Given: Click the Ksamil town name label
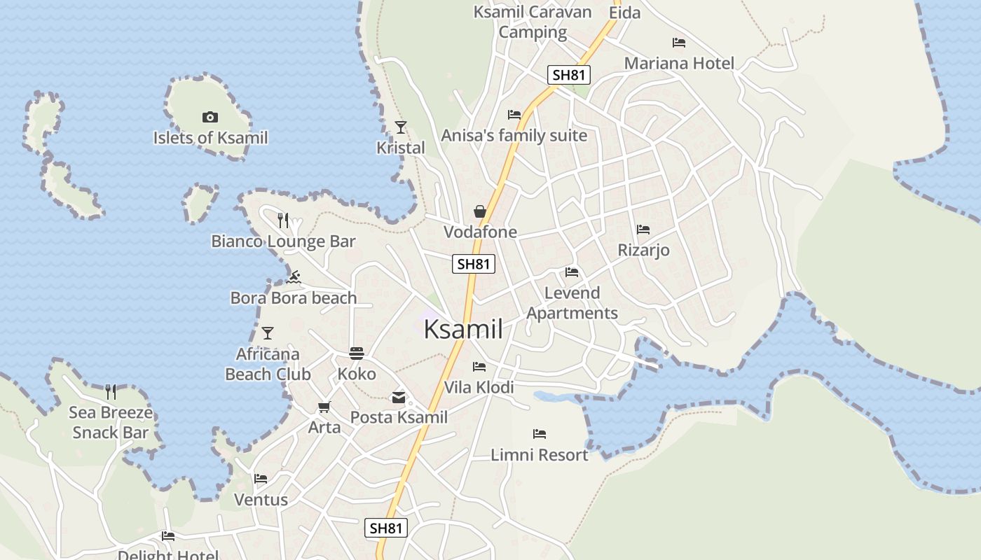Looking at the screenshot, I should click(x=463, y=329).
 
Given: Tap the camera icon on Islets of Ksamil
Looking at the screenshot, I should click(x=210, y=117).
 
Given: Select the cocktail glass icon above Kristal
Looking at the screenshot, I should click(x=401, y=127).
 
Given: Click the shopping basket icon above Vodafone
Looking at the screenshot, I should click(x=480, y=211).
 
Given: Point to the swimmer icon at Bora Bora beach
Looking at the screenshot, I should click(x=294, y=277).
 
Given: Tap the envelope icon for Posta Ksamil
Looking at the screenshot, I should click(x=399, y=398).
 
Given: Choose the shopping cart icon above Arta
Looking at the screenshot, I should click(x=324, y=407).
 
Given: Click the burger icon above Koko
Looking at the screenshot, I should click(x=357, y=353).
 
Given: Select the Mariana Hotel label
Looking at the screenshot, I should click(x=679, y=64).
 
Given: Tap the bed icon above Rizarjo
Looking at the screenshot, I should click(x=643, y=230).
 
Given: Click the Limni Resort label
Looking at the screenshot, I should click(x=539, y=455).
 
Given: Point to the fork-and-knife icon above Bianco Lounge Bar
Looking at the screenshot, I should click(x=283, y=220).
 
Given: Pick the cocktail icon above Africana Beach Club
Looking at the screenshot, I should click(x=267, y=333).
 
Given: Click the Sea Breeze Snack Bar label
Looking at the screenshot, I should click(x=111, y=423).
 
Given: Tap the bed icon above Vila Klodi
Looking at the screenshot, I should click(x=479, y=367).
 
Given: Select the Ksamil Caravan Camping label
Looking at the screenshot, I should click(x=533, y=22).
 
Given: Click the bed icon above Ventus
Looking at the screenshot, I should click(x=261, y=479).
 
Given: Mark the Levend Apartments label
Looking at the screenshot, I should click(x=572, y=303).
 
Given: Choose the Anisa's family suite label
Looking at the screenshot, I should click(x=514, y=136).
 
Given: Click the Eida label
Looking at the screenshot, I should click(x=624, y=13).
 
